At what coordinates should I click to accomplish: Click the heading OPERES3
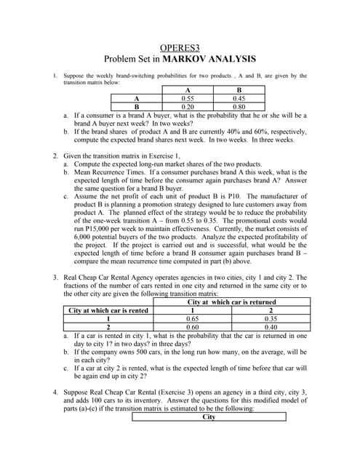click(180, 46)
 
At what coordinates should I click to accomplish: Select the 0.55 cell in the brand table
click(187, 97)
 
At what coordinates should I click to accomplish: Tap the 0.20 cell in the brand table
click(187, 105)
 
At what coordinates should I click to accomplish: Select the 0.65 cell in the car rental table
click(193, 318)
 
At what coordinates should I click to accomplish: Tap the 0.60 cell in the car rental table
click(193, 326)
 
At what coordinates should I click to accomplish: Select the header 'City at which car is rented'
click(108, 310)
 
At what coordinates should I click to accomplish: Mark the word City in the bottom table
click(209, 417)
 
